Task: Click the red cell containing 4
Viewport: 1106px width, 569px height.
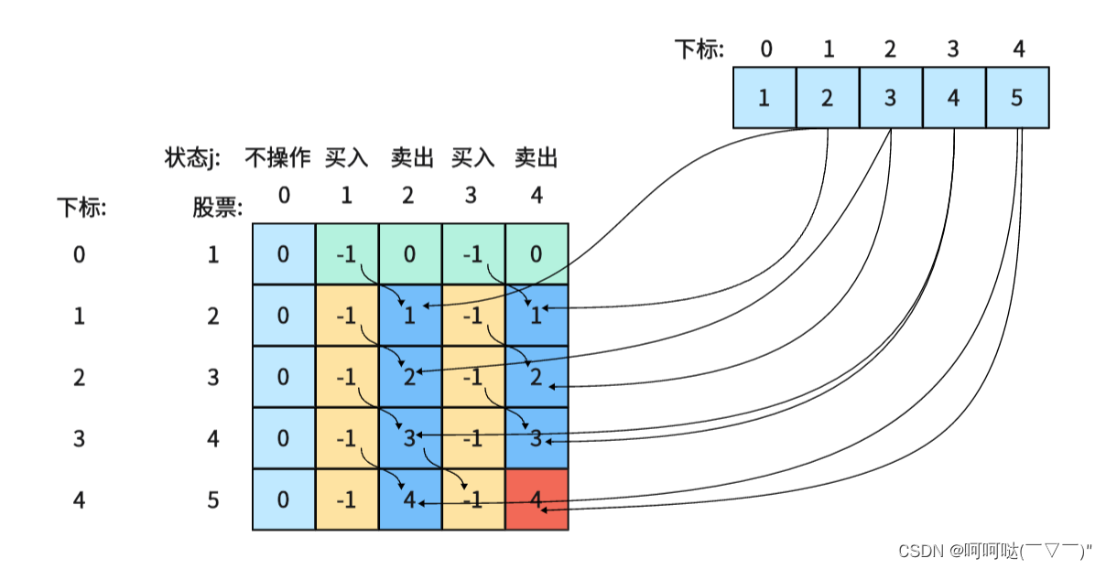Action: (x=537, y=499)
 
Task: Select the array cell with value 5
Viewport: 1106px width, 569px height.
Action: (x=1016, y=97)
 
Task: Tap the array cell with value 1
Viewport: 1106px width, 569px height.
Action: (x=764, y=97)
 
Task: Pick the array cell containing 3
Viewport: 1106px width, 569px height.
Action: (x=890, y=97)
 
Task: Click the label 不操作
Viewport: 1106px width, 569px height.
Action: (x=277, y=158)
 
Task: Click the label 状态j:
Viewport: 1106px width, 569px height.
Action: (x=191, y=158)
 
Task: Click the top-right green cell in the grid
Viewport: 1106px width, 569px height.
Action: (x=537, y=254)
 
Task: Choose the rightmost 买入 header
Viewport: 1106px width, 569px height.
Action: (x=472, y=158)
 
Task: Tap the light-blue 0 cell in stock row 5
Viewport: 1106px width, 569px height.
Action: (x=284, y=499)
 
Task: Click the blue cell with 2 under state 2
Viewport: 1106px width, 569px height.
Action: (x=410, y=377)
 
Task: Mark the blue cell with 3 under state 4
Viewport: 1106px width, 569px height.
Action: (x=537, y=438)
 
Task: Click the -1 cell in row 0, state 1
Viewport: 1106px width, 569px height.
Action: (x=346, y=254)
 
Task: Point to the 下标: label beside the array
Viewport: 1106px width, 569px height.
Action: (x=699, y=48)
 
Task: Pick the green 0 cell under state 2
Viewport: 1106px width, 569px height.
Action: (x=410, y=254)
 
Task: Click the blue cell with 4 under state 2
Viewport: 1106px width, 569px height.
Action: (x=410, y=499)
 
